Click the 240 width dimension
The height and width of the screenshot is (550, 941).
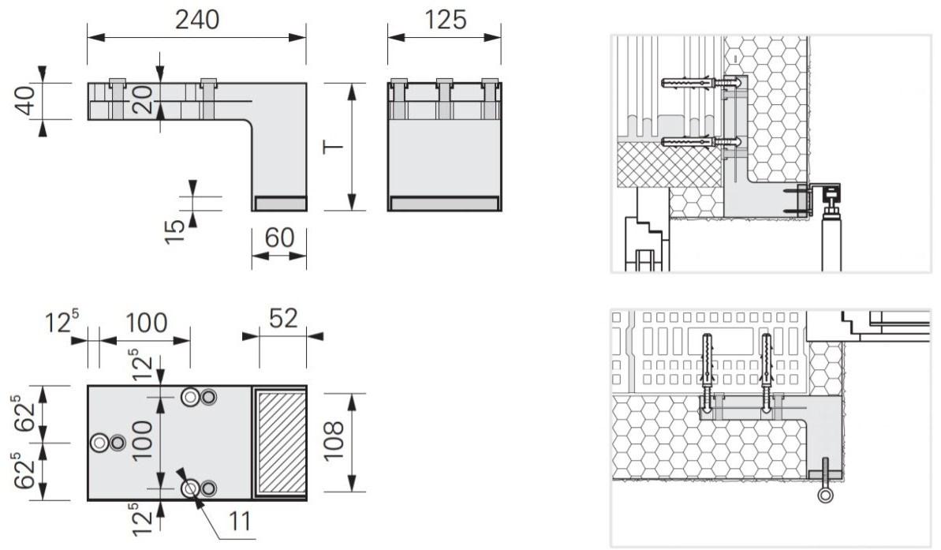(197, 20)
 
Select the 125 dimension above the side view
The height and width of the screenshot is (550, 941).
(445, 20)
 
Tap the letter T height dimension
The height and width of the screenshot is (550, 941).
(333, 147)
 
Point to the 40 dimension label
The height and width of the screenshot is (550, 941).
(26, 101)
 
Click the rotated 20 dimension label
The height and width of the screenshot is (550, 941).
(144, 99)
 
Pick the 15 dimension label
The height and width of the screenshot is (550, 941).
(174, 231)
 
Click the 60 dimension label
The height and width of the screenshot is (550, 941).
(279, 238)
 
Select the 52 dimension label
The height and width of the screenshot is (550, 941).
(282, 318)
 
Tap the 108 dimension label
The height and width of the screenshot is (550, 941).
(334, 440)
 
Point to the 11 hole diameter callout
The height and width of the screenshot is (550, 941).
(240, 521)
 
